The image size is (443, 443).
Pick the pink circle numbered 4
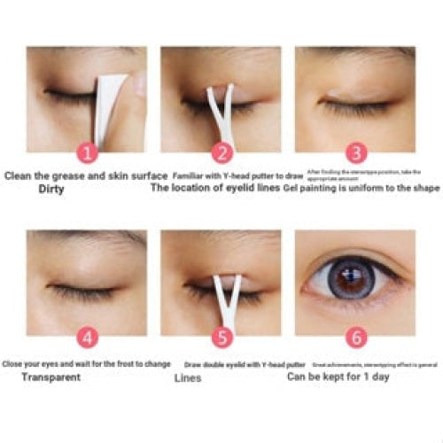pyautogui.click(x=86, y=337)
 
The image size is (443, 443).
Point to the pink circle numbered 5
pyautogui.click(x=221, y=337)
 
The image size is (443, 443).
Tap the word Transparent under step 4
pyautogui.click(x=53, y=377)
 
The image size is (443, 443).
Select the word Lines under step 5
pyautogui.click(x=187, y=377)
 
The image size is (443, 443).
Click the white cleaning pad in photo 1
pyautogui.click(x=112, y=106)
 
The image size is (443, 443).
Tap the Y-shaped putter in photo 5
pyautogui.click(x=221, y=297)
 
